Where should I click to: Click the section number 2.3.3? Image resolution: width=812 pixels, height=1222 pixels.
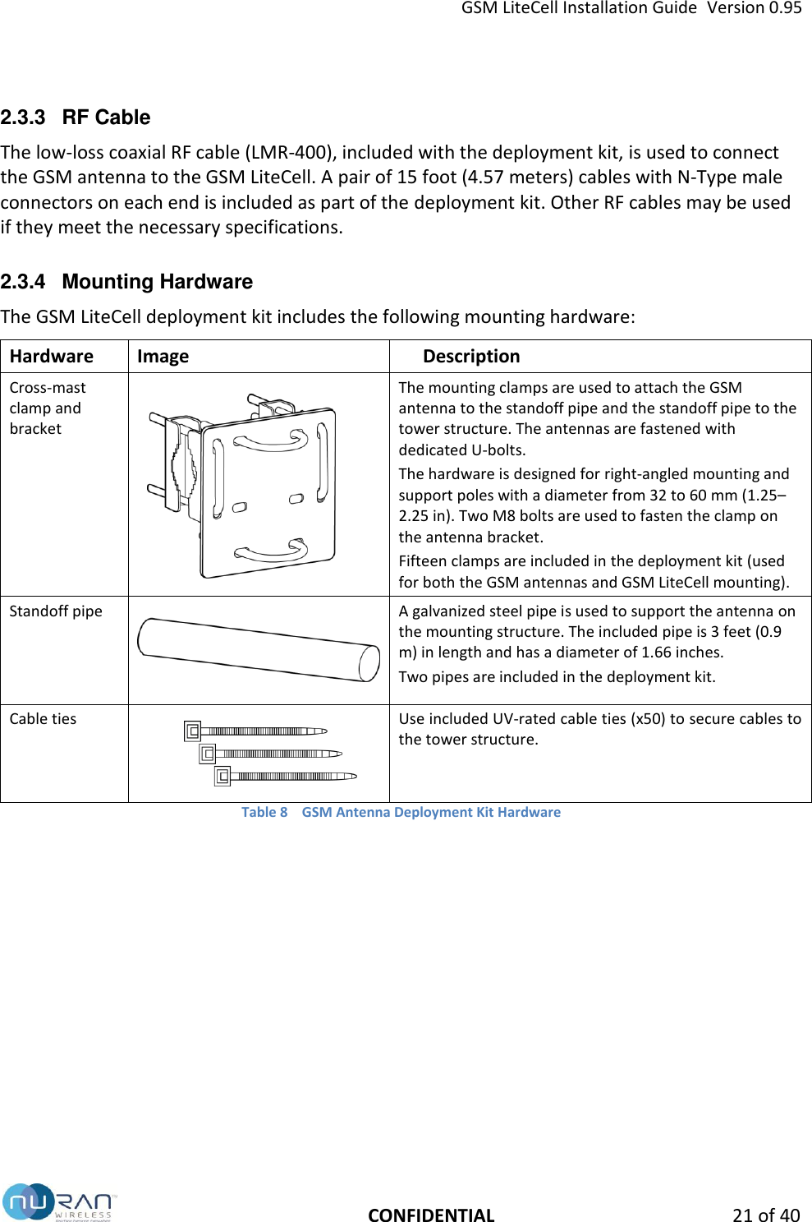[x=23, y=118]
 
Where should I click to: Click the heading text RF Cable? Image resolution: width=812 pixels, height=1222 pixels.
[x=106, y=118]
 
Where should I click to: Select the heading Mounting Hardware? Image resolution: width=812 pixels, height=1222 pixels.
[x=157, y=282]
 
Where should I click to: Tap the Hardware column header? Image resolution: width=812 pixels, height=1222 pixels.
[x=51, y=356]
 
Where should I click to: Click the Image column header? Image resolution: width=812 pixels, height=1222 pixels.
[x=163, y=356]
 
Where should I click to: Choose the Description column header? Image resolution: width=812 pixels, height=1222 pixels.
[x=471, y=356]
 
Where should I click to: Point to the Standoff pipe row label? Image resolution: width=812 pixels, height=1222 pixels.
[x=56, y=611]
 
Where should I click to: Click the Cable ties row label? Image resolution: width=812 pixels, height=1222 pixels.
[x=43, y=718]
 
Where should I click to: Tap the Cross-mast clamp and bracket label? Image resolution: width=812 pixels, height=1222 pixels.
[x=47, y=408]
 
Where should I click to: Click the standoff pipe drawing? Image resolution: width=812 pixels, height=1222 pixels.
[x=258, y=649]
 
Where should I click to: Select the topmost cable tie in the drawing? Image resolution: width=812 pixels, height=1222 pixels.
[x=255, y=731]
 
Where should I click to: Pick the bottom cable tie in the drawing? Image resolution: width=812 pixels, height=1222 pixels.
[x=285, y=776]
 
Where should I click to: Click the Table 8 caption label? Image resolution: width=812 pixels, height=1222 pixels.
[x=264, y=812]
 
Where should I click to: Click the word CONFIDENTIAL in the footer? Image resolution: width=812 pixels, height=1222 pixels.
[x=431, y=1215]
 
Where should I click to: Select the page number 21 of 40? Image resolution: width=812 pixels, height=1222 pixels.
[x=765, y=1215]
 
